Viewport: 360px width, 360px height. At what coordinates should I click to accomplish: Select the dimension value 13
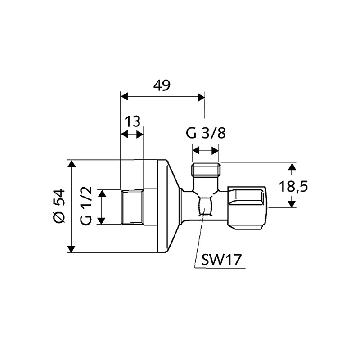[133, 121]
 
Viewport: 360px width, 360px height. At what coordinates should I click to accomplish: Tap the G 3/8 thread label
[206, 134]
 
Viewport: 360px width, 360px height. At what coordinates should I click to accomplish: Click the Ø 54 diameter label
[59, 206]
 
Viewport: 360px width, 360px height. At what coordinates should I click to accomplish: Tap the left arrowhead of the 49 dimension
[125, 97]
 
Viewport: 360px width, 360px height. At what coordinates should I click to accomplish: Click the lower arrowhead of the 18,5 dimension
[292, 203]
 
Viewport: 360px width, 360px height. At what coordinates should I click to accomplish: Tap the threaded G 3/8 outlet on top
[206, 171]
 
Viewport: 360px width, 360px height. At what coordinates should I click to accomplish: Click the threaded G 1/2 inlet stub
[133, 207]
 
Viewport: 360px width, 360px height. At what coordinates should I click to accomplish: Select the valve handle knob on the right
[247, 205]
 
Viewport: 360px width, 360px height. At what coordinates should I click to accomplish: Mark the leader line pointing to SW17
[198, 243]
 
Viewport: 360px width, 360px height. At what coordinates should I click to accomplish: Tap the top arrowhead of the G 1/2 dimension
[103, 193]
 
